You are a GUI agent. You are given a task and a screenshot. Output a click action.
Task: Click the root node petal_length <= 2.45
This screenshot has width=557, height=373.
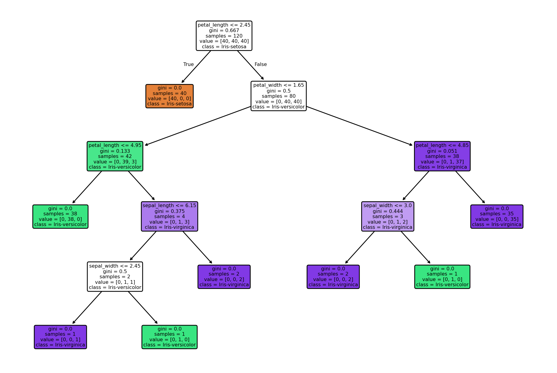(224, 36)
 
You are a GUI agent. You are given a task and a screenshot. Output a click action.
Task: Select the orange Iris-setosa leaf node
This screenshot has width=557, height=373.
(170, 96)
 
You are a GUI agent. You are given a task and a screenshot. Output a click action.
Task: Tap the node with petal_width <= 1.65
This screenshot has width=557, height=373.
(279, 96)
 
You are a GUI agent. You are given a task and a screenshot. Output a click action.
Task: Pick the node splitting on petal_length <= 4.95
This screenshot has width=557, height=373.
(115, 156)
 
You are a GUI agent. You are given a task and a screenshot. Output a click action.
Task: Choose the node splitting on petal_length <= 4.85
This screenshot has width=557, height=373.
(442, 156)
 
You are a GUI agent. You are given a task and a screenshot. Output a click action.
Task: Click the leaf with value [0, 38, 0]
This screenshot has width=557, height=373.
(60, 217)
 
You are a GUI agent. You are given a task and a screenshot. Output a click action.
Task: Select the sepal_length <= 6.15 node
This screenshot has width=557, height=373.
(170, 216)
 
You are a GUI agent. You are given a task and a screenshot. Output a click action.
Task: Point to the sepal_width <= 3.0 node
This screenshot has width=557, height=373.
(388, 216)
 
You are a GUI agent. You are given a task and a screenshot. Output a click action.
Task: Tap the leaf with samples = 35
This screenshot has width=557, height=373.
(497, 217)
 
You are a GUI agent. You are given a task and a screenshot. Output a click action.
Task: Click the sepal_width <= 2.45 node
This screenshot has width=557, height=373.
(115, 276)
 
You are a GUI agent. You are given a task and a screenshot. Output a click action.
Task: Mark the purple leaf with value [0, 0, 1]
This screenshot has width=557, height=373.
(60, 337)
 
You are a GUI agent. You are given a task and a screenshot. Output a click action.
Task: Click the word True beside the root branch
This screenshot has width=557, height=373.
(189, 64)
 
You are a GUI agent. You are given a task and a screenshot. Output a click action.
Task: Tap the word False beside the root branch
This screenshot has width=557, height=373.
(261, 64)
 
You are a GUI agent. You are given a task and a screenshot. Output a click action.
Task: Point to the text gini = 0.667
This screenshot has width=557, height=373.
(224, 31)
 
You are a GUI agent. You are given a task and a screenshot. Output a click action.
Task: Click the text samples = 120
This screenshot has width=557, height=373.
(224, 36)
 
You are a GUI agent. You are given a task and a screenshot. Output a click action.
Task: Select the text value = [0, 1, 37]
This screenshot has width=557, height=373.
(442, 162)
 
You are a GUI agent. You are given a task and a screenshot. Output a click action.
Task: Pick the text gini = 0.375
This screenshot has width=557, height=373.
(170, 211)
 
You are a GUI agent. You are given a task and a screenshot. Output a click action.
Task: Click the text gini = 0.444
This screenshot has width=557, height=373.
(388, 211)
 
